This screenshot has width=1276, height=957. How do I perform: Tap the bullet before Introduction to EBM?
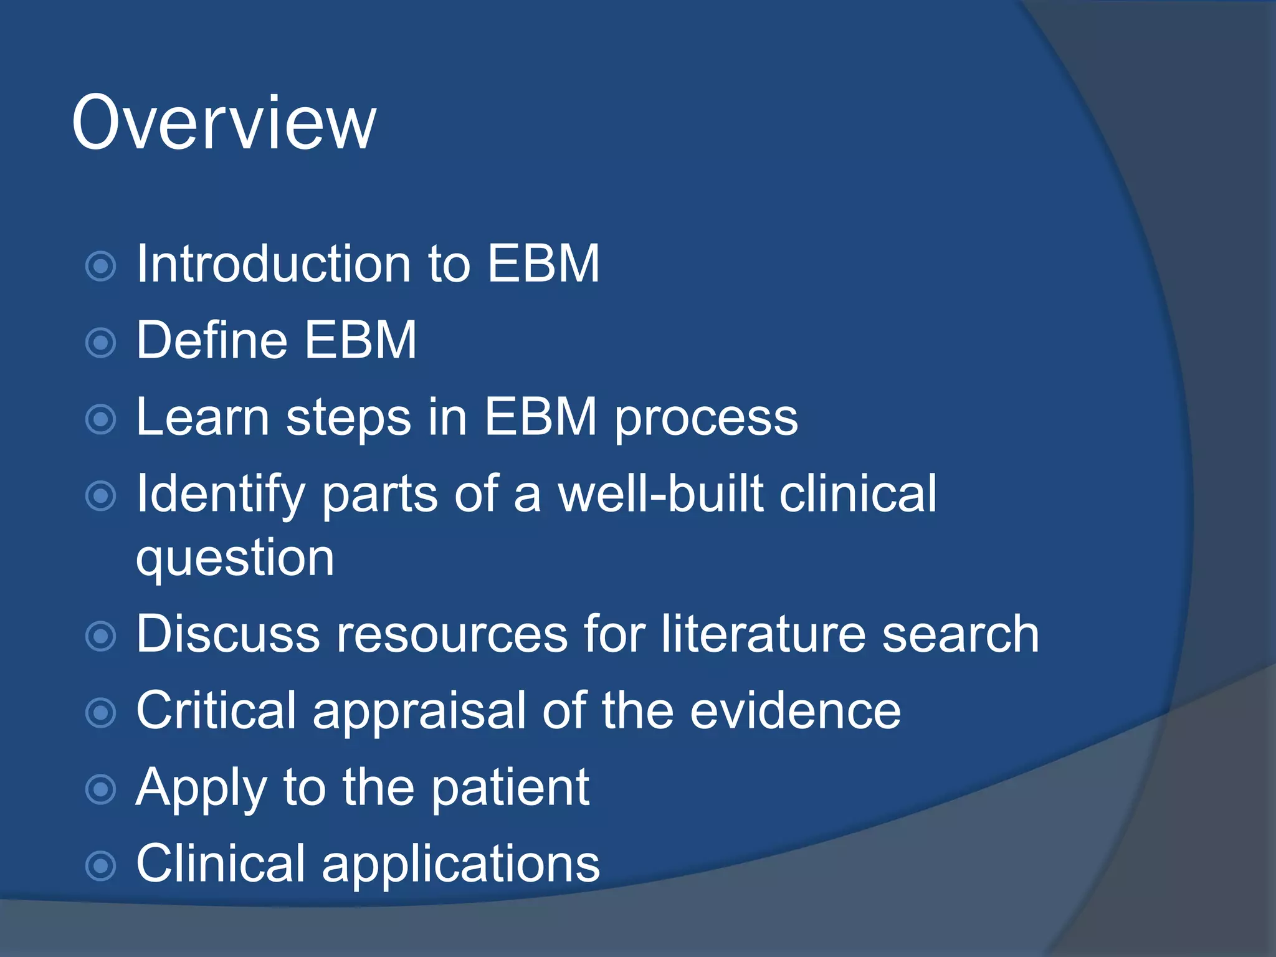pos(100,267)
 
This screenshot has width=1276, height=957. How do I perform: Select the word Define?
pos(212,341)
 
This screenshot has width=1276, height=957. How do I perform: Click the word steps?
pos(348,419)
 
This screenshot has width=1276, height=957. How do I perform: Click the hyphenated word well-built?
pos(660,494)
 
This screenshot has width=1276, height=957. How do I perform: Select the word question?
pos(236,559)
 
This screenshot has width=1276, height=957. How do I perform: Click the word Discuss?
pos(227,635)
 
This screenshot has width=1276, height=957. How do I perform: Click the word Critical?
pos(216,711)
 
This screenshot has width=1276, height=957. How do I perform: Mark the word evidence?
pos(795,711)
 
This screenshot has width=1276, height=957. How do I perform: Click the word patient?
pos(510,788)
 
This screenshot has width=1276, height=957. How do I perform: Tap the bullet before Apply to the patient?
pos(100,789)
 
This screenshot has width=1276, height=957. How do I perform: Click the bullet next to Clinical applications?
pos(100,865)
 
